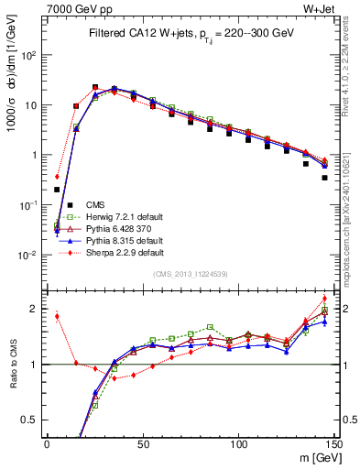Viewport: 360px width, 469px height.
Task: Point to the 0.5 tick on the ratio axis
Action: click(x=33, y=420)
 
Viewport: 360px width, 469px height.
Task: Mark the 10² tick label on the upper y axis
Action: click(x=30, y=55)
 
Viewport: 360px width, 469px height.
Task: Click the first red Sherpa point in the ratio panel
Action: click(x=57, y=317)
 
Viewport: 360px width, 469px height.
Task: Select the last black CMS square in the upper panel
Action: click(x=325, y=178)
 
